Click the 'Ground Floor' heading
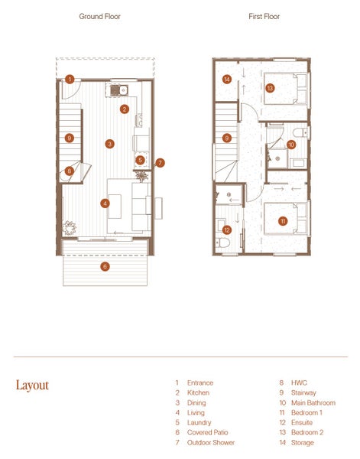click(99, 16)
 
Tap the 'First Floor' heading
click(264, 16)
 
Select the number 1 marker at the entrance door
click(70, 80)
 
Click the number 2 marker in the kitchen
click(125, 109)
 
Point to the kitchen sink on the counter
click(120, 90)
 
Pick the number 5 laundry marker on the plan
click(141, 160)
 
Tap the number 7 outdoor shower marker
click(160, 163)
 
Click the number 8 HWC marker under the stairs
click(70, 171)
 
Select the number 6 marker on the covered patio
click(105, 266)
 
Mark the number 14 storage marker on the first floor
click(227, 79)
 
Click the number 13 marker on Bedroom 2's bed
click(270, 88)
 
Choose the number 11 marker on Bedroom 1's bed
click(283, 221)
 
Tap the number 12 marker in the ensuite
click(227, 229)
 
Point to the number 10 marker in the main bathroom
click(291, 145)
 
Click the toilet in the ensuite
click(223, 243)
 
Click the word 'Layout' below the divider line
click(32, 386)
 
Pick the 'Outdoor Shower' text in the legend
click(211, 442)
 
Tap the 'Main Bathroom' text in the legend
click(313, 403)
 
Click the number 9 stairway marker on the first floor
click(227, 138)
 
